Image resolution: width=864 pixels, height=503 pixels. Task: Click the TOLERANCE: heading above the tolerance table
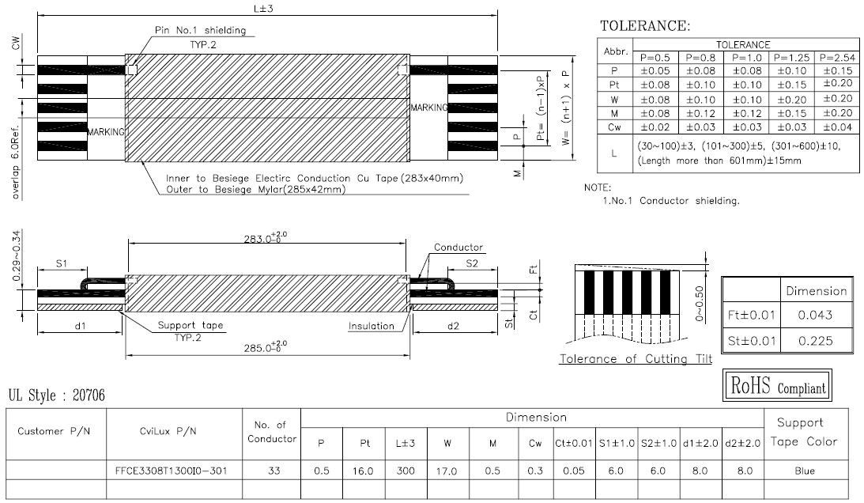pos(645,26)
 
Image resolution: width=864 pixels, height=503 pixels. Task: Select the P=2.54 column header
pos(837,58)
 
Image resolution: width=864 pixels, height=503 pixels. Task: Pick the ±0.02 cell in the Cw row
pos(655,127)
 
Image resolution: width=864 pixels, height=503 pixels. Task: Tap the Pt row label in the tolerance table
pos(614,85)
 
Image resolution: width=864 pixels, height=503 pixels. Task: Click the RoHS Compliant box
pos(777,385)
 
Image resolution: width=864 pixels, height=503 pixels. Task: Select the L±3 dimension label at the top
pos(263,8)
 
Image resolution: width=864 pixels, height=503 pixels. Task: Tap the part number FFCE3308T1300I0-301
pos(171,471)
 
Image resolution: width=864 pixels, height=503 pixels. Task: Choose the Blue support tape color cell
pos(805,471)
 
